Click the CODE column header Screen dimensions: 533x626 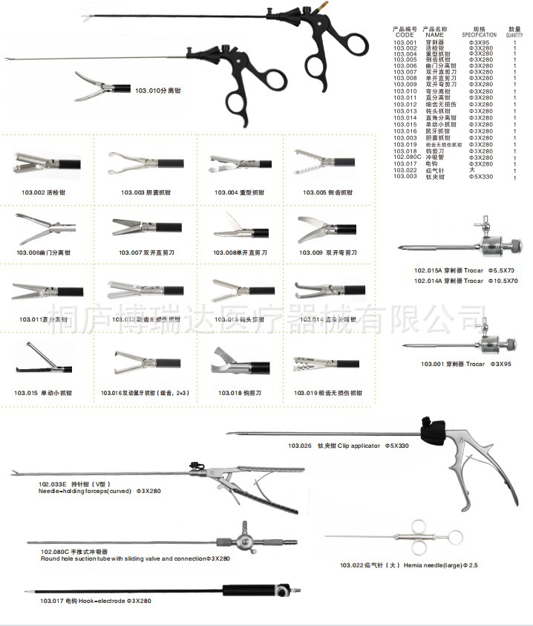pyautogui.click(x=405, y=35)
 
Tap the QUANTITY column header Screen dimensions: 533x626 pyautogui.click(x=514, y=35)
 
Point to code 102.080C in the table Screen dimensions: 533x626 pyautogui.click(x=408, y=157)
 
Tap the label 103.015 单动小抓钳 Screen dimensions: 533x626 pyautogui.click(x=43, y=393)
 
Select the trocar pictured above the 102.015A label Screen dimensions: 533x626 pyautogui.click(x=460, y=246)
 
